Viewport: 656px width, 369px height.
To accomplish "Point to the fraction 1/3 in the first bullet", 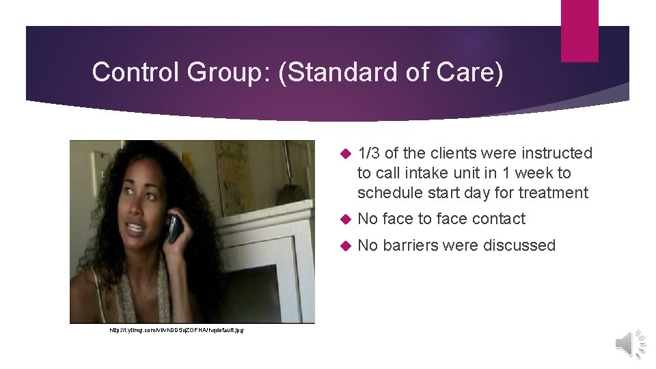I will (369, 153).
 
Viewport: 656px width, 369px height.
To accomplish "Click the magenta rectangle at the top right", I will (579, 31).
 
